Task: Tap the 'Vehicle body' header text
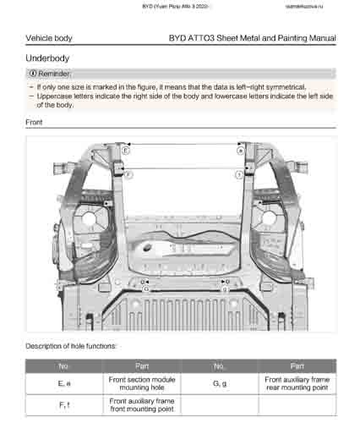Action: tap(49, 38)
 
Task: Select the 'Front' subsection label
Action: tap(35, 123)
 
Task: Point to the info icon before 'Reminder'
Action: tap(33, 74)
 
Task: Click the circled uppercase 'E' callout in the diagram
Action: tap(126, 149)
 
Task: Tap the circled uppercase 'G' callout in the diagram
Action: tap(146, 288)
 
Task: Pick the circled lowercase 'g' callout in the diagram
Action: tap(224, 288)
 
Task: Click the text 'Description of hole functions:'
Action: tap(71, 346)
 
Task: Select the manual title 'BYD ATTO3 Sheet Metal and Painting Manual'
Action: tap(252, 38)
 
